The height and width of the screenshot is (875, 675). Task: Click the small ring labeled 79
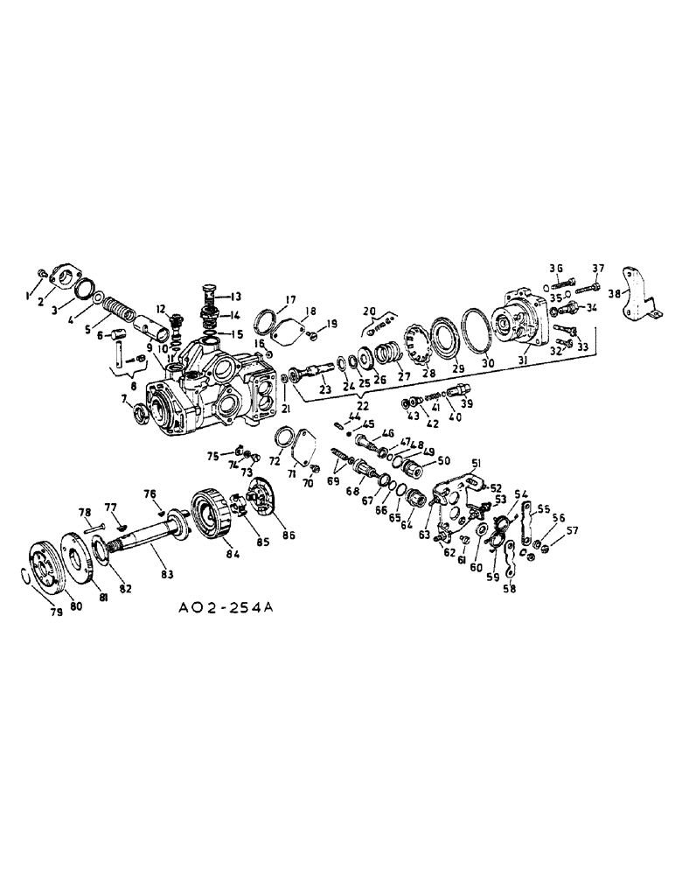[25, 574]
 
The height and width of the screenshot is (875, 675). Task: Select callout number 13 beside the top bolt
[236, 296]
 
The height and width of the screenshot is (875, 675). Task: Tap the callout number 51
[477, 465]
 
